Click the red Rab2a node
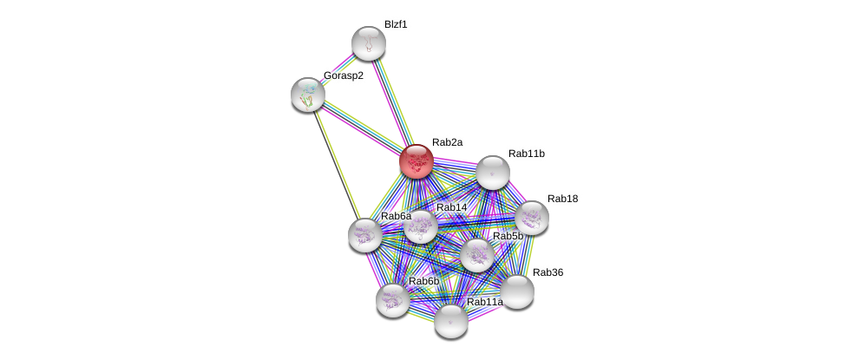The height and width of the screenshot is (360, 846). click(416, 160)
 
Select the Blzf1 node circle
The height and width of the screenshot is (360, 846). click(368, 43)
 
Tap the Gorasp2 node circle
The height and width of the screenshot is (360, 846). click(308, 95)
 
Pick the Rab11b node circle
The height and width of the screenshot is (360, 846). click(492, 173)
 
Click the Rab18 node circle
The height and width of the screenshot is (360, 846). click(531, 218)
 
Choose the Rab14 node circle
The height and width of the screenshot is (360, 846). click(421, 227)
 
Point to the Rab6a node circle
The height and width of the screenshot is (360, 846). click(365, 235)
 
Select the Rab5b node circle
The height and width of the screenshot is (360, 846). click(476, 255)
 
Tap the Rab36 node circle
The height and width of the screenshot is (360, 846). click(517, 291)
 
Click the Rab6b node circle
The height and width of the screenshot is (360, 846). click(393, 300)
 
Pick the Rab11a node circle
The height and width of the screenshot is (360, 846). click(450, 321)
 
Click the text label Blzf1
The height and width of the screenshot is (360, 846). click(396, 24)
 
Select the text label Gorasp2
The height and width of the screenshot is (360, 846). click(344, 75)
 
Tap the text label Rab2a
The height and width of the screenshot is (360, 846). click(448, 141)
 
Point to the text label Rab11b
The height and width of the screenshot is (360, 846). click(527, 154)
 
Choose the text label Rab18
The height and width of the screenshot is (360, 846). click(562, 199)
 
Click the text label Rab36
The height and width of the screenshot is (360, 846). click(548, 272)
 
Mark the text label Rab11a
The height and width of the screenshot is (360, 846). click(484, 302)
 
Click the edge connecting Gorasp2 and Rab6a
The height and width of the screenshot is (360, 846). click(337, 165)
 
